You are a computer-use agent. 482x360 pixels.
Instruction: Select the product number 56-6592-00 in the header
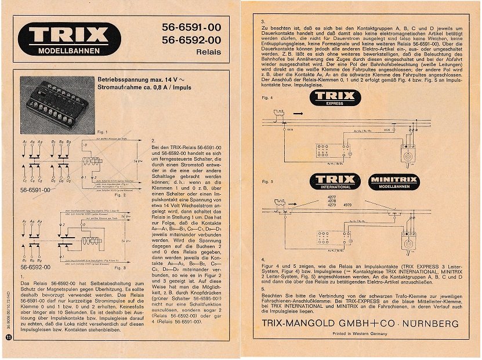(x=191, y=40)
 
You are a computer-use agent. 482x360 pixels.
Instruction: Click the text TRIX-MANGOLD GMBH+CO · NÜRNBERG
(x=360, y=323)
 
